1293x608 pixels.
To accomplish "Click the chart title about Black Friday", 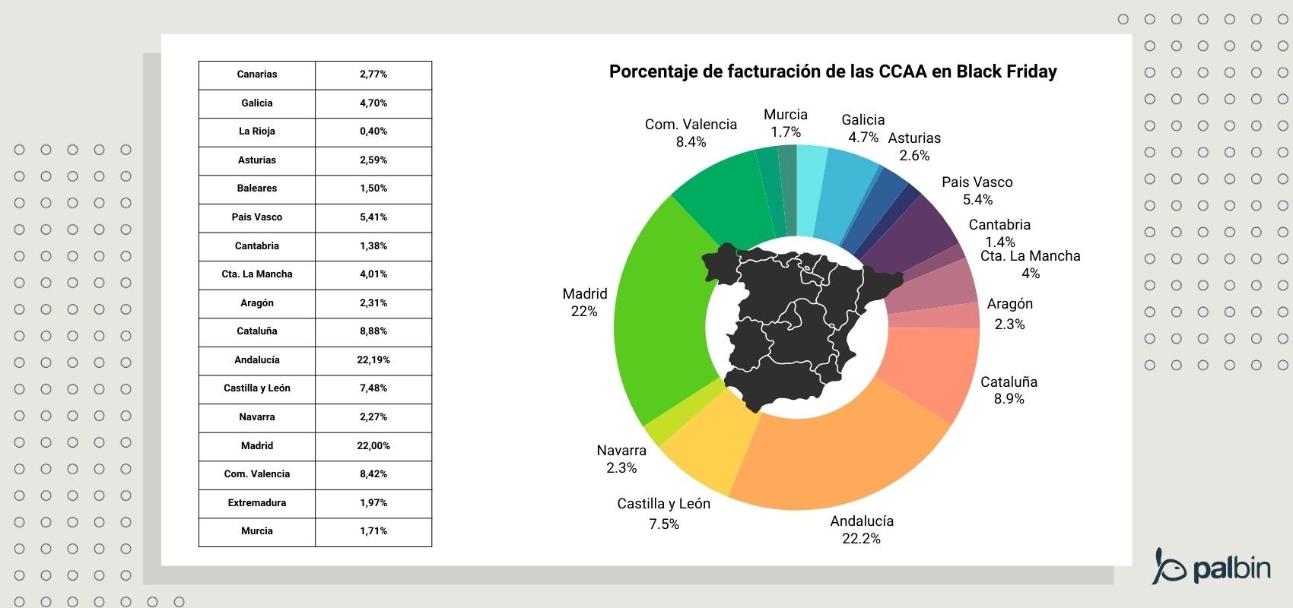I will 833,71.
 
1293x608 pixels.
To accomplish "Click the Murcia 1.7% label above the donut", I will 786,123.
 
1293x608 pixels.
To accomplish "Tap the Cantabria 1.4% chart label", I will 999,233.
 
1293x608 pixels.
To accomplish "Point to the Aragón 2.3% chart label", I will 1009,313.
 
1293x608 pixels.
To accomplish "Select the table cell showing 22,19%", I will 373,360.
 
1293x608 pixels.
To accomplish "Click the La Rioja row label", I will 257,131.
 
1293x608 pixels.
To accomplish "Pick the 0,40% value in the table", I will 373,131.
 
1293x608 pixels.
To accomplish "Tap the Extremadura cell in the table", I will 257,503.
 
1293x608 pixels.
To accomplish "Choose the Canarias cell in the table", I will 257,74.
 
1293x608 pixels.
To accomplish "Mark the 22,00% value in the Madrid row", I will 373,446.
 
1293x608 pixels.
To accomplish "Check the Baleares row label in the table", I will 257,188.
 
